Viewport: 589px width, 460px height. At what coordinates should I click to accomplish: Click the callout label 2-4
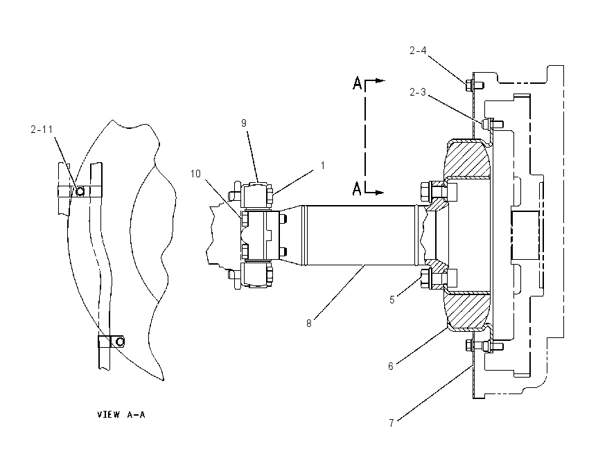[x=418, y=51]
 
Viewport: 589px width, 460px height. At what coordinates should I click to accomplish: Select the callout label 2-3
[x=418, y=92]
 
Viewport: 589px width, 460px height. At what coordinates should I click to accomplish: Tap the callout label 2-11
[x=42, y=130]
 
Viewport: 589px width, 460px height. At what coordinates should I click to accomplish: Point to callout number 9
[x=244, y=123]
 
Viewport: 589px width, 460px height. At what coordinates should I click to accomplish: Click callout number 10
[x=195, y=173]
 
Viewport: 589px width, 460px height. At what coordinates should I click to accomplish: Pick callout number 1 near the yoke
[x=322, y=166]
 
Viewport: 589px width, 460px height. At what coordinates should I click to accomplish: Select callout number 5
[x=392, y=300]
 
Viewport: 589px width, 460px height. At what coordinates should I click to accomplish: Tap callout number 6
[x=391, y=366]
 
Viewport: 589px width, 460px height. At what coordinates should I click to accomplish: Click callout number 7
[x=392, y=423]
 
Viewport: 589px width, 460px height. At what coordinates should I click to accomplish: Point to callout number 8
[x=309, y=324]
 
